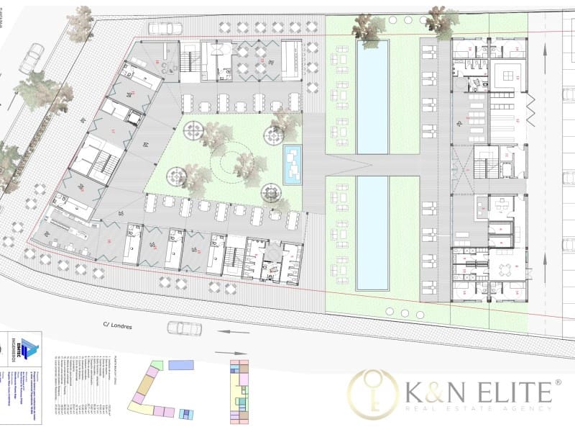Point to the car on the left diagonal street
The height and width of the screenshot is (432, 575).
pyautogui.click(x=31, y=59)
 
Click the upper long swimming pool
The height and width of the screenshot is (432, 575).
pyautogui.click(x=373, y=96)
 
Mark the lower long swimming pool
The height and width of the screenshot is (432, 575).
pyautogui.click(x=373, y=233)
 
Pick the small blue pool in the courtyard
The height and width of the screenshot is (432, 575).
pyautogui.click(x=292, y=165)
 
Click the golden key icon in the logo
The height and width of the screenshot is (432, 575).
pyautogui.click(x=372, y=393)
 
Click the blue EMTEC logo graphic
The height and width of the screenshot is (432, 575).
pyautogui.click(x=29, y=349)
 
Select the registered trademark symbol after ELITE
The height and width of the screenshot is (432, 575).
pyautogui.click(x=557, y=382)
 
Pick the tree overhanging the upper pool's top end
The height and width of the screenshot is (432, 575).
pyautogui.click(x=369, y=29)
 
